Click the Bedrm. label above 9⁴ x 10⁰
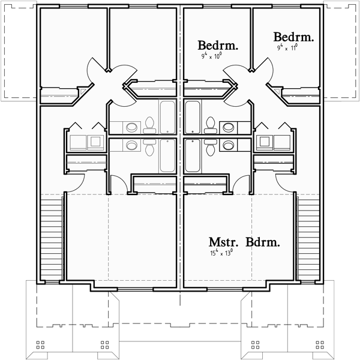coord(218,45)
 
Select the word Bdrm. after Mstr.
coord(261,243)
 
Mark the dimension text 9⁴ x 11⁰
coord(287,47)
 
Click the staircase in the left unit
coord(53,240)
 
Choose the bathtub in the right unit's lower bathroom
coord(193,156)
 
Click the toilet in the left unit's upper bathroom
coord(150,124)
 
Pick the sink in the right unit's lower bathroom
coord(227,145)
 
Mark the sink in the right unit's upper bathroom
coord(227,127)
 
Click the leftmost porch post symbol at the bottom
coord(41,345)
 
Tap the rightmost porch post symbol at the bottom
coord(319,345)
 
